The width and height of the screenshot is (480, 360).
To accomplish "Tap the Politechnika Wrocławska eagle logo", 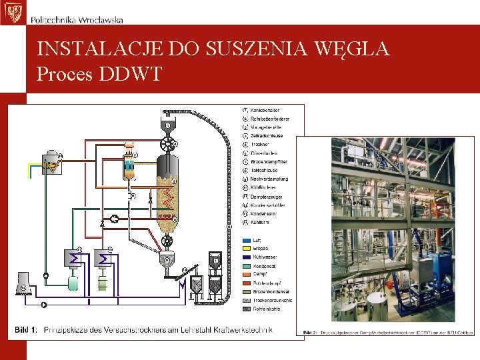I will [x=11, y=12].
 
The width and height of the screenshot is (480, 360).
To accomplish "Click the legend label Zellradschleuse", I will [x=267, y=136].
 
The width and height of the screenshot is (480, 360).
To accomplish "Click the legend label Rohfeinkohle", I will [x=266, y=309].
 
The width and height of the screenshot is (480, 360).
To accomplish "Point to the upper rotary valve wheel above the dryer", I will [x=175, y=143].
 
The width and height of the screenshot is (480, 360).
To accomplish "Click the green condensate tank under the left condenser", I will [x=73, y=282].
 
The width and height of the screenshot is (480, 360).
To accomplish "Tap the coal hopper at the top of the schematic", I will [x=168, y=125].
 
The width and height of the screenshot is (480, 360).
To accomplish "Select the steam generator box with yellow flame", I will [x=51, y=163].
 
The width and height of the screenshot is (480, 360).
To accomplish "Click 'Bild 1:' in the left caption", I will [x=27, y=330].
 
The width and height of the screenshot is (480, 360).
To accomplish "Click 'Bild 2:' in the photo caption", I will [x=311, y=332].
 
